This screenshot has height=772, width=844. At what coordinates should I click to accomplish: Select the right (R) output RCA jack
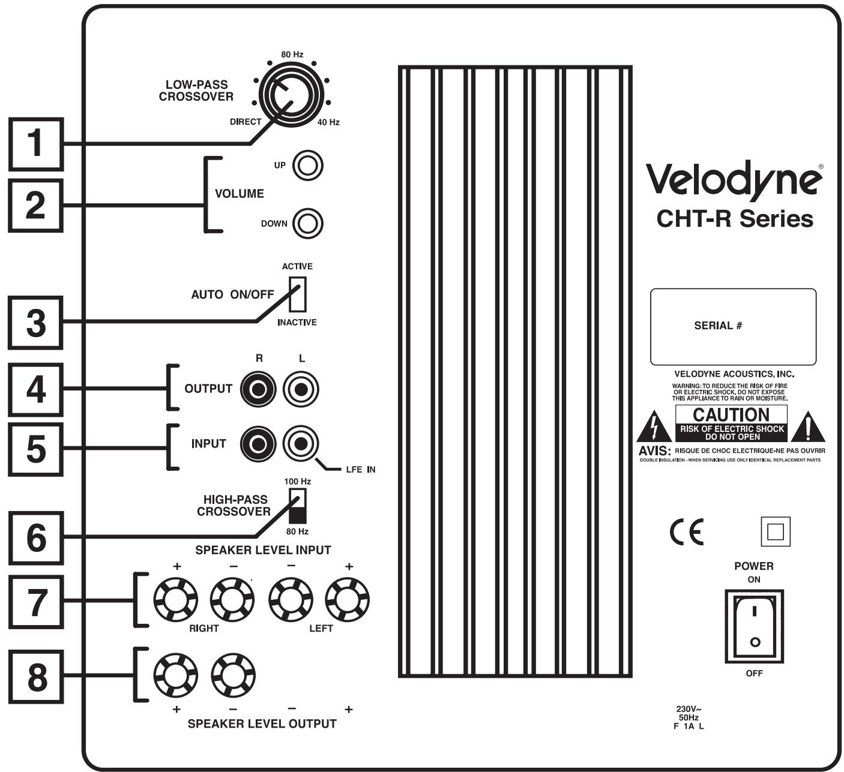pyautogui.click(x=258, y=389)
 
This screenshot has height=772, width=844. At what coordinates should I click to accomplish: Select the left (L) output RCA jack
pyautogui.click(x=301, y=389)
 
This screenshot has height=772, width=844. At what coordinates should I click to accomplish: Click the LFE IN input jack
pyautogui.click(x=301, y=444)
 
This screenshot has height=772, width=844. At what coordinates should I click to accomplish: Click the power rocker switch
pyautogui.click(x=754, y=626)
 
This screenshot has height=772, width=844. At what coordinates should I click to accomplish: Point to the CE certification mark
pyautogui.click(x=686, y=531)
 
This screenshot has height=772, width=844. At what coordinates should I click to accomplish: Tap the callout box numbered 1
pyautogui.click(x=36, y=144)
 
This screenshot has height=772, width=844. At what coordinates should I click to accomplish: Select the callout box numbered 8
pyautogui.click(x=36, y=677)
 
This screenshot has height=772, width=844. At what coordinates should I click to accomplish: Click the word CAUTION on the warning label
pyautogui.click(x=731, y=414)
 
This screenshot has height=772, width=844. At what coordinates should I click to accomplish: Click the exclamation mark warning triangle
pyautogui.click(x=808, y=428)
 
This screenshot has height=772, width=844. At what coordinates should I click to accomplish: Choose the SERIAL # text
pyautogui.click(x=718, y=326)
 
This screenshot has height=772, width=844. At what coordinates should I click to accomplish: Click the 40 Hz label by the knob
pyautogui.click(x=328, y=122)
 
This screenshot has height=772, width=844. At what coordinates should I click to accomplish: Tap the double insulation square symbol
pyautogui.click(x=775, y=531)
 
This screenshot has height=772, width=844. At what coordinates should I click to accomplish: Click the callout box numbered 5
pyautogui.click(x=36, y=449)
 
